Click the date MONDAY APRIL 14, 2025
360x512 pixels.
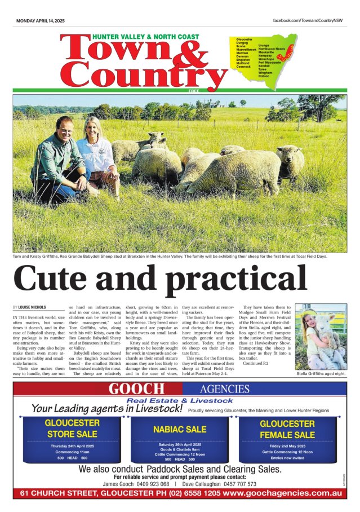pyautogui.click(x=41, y=21)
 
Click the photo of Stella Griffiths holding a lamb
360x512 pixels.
pyautogui.click(x=321, y=337)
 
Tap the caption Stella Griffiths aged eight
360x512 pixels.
pyautogui.click(x=321, y=374)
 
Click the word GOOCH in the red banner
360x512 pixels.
pyautogui.click(x=137, y=389)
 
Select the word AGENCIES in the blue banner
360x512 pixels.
pyautogui.click(x=224, y=389)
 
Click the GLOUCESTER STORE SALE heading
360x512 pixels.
pyautogui.click(x=72, y=429)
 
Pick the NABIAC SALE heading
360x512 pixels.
pyautogui.click(x=180, y=429)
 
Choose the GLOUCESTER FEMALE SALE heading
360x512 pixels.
pyautogui.click(x=287, y=429)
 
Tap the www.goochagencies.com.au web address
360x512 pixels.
pyautogui.click(x=282, y=493)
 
